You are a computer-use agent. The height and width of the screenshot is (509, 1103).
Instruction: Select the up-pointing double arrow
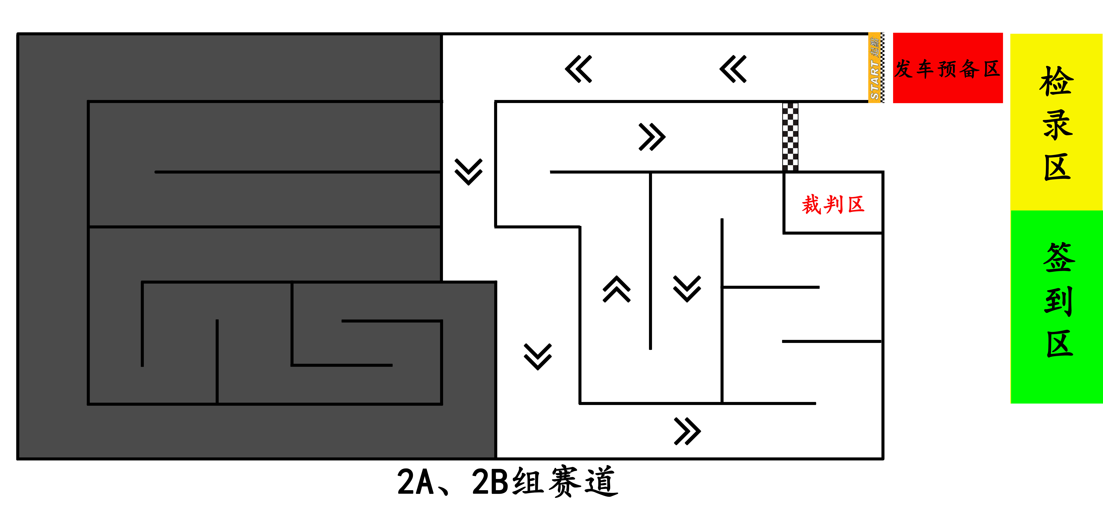[617, 289]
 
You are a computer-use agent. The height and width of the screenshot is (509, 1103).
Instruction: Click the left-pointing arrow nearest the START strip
[733, 69]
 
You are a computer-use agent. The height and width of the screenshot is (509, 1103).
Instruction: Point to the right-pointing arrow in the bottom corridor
[687, 431]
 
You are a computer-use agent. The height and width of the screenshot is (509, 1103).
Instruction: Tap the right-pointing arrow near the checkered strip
[652, 137]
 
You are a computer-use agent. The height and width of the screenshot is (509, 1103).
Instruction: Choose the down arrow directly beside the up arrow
[687, 289]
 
